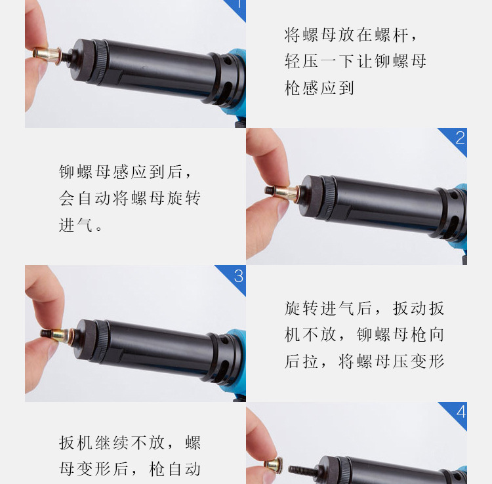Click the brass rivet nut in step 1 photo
pyautogui.click(x=47, y=55)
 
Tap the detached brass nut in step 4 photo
pyautogui.click(x=273, y=465)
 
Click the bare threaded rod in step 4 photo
pyautogui.click(x=303, y=470)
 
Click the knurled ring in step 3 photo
pyautogui.click(x=102, y=342)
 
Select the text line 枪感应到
pyautogui.click(x=319, y=88)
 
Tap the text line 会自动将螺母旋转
pyautogui.click(x=130, y=198)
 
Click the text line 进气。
pyautogui.click(x=81, y=225)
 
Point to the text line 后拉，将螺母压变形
pyautogui.click(x=364, y=361)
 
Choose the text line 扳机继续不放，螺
pyautogui.click(x=130, y=443)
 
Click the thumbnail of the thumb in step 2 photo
pyautogui.click(x=282, y=209)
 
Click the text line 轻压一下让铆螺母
pyautogui.click(x=355, y=61)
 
